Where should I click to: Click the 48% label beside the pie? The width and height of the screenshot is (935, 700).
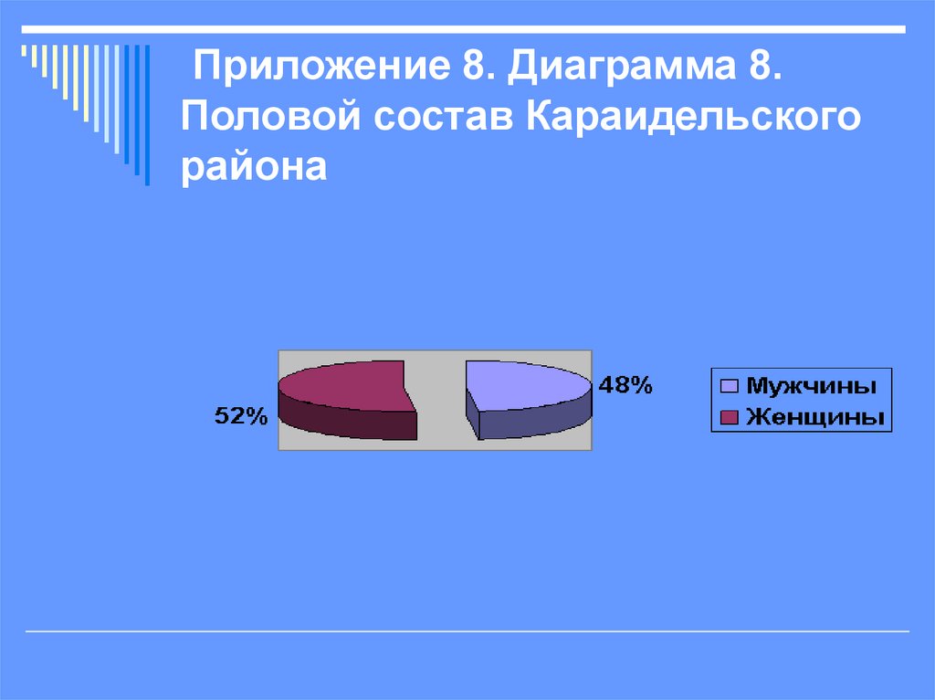[x=625, y=385]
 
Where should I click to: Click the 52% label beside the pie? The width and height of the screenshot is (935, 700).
[x=241, y=417]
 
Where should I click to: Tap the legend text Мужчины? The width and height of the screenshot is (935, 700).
[x=812, y=385]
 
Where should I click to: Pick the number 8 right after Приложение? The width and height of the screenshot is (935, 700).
[x=463, y=68]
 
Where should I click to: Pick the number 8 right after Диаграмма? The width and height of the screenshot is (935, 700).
[x=764, y=68]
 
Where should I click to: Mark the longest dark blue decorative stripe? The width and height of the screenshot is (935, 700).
[x=147, y=114]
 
